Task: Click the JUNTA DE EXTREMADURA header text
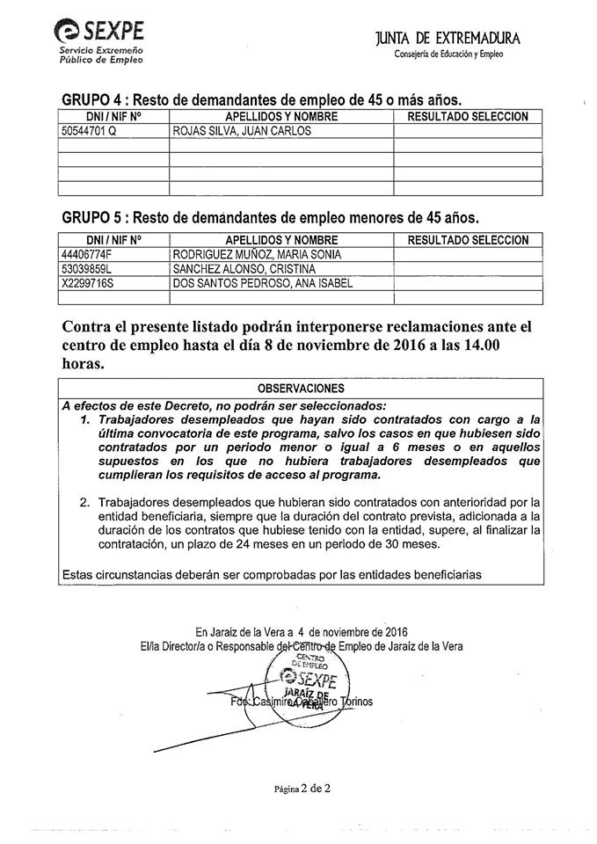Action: [x=448, y=39]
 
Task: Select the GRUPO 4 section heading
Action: [x=261, y=98]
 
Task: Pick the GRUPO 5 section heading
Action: [x=270, y=217]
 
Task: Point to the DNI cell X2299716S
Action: [x=89, y=282]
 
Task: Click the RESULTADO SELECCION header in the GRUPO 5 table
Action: [x=468, y=239]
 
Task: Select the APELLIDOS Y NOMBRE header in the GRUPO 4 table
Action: [x=281, y=116]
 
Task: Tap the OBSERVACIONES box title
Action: [x=301, y=388]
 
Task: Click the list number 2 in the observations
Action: [x=85, y=503]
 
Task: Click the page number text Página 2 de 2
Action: [x=302, y=789]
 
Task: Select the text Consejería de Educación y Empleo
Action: [x=448, y=55]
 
